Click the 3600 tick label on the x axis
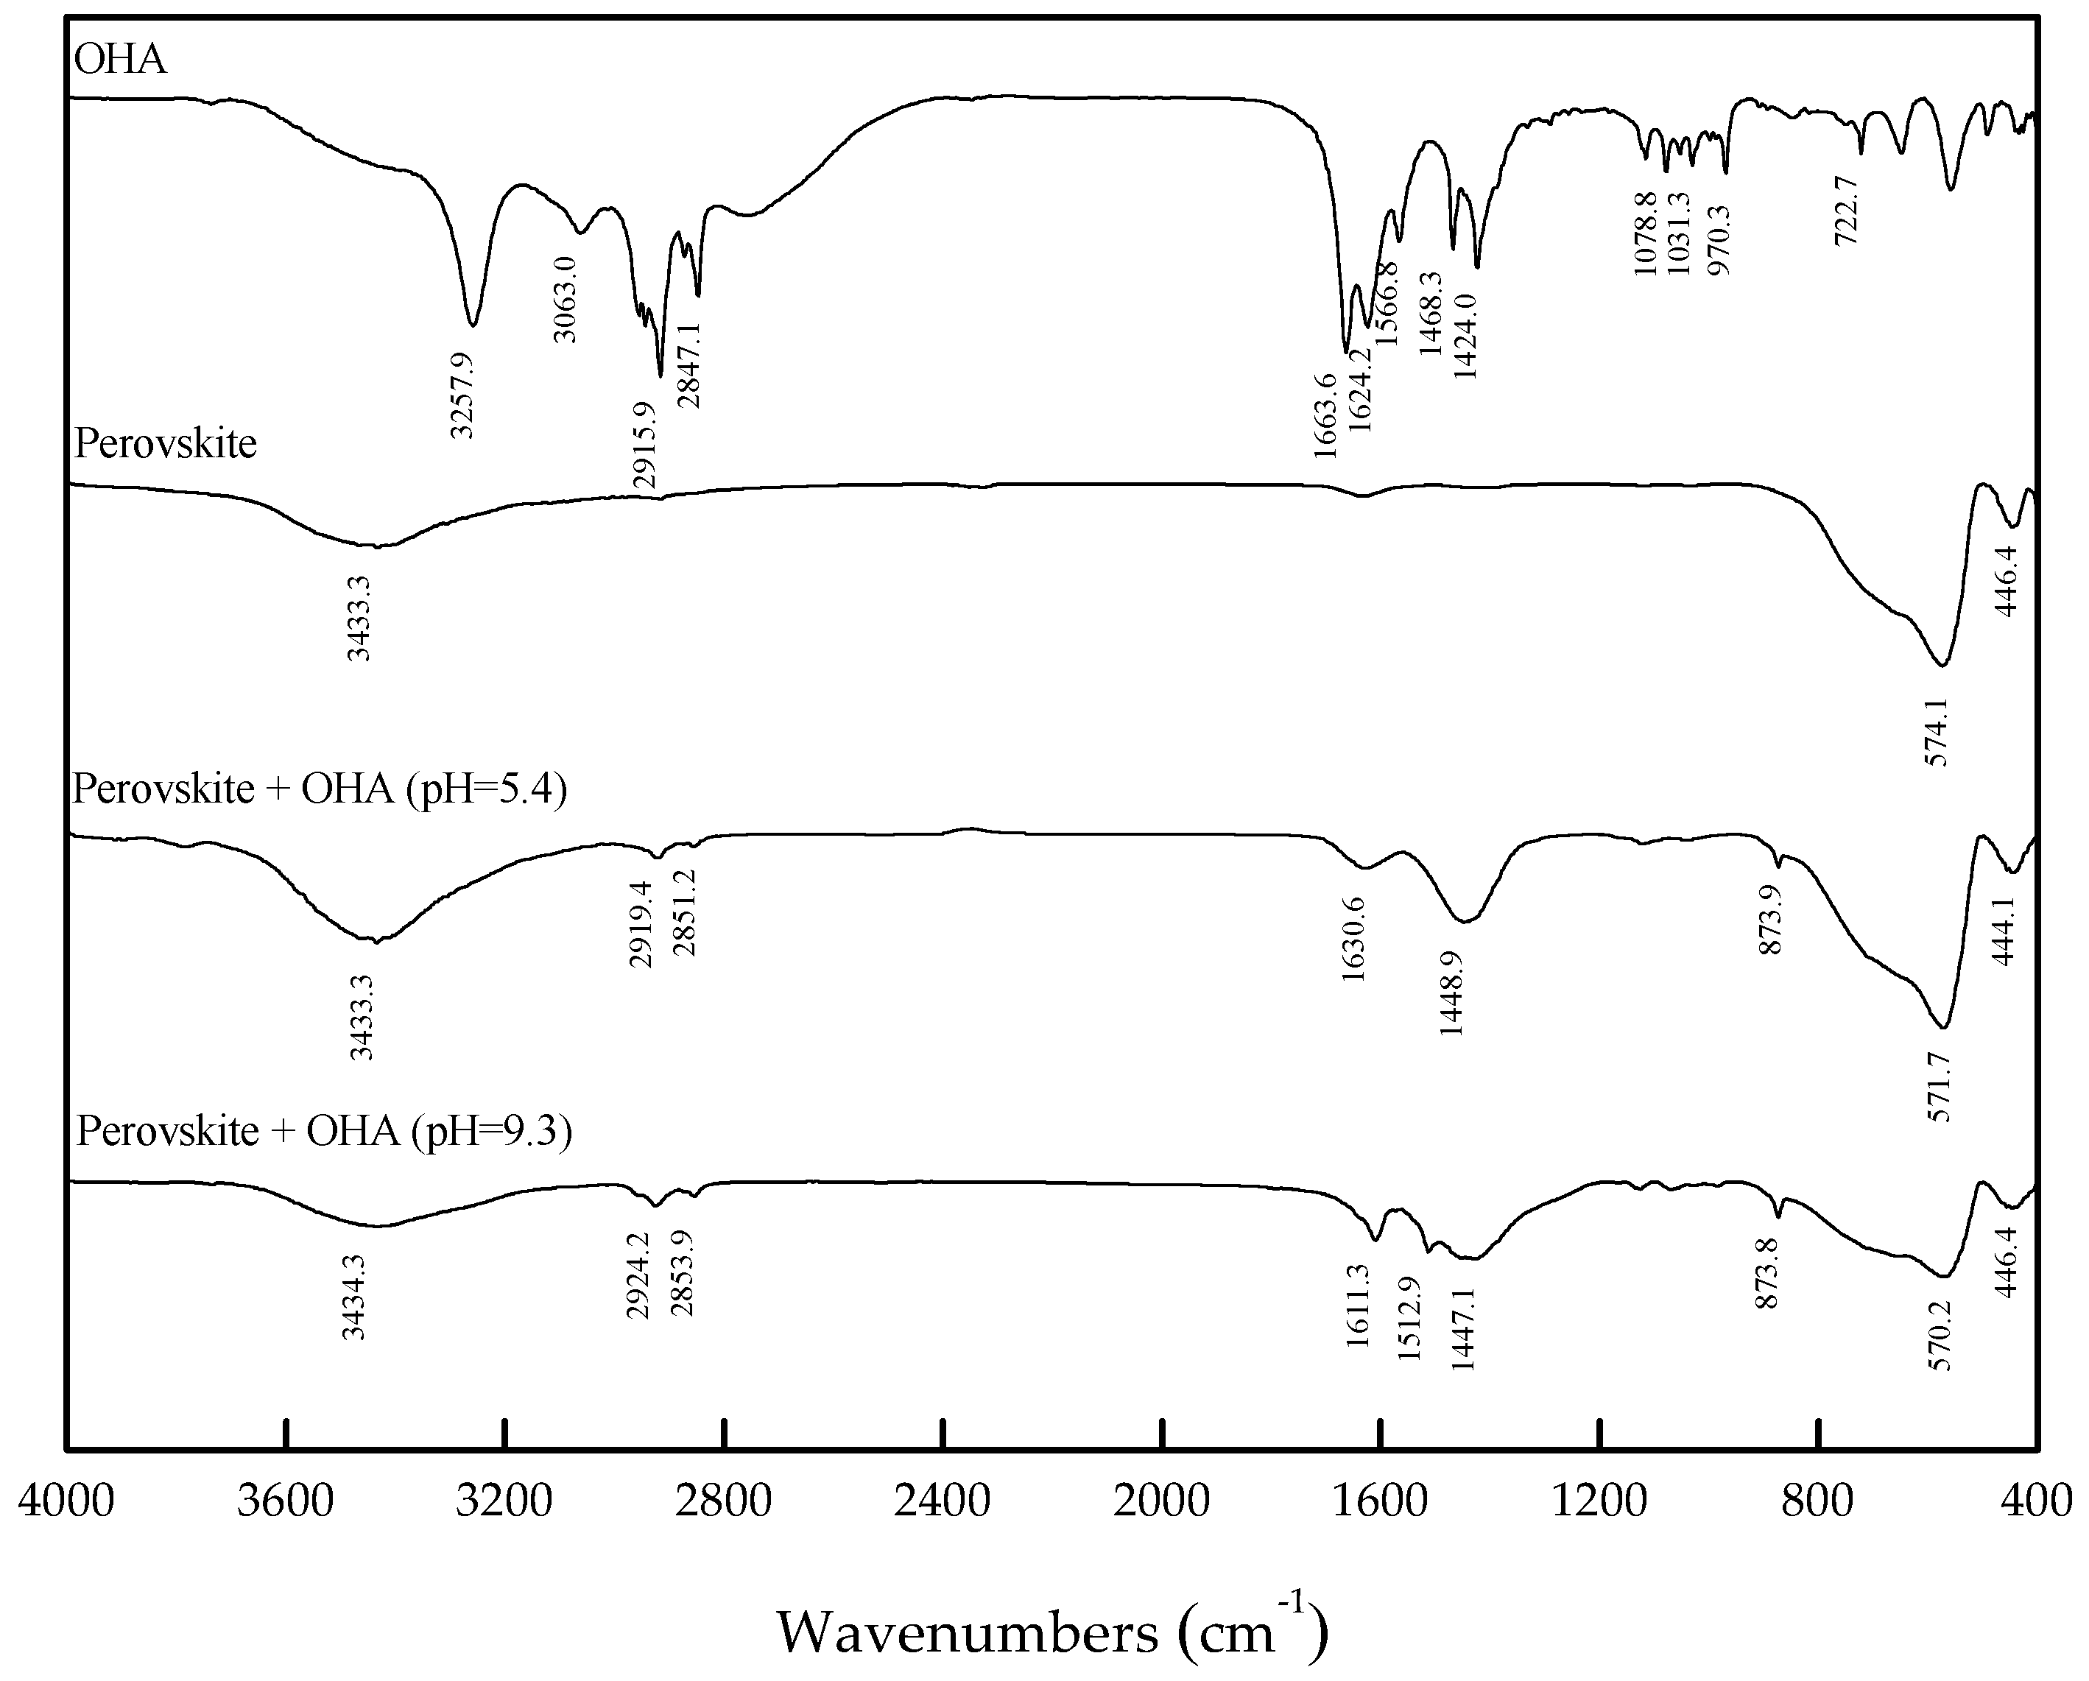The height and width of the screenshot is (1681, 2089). pos(286,1502)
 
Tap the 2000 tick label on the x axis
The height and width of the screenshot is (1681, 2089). pos(1162,1502)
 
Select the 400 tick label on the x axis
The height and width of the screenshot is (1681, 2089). pos(2037,1502)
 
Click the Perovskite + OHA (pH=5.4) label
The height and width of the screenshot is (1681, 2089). pos(320,789)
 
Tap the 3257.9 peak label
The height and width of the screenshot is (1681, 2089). pos(462,395)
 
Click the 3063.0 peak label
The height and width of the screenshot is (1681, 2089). pos(565,300)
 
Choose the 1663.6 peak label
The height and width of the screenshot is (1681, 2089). pos(1325,415)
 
